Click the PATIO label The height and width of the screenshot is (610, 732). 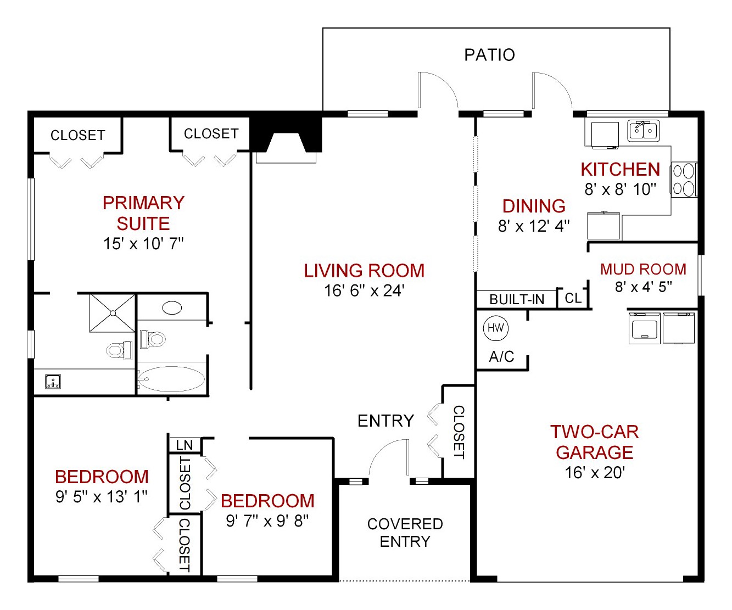[x=489, y=55]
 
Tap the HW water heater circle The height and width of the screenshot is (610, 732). [x=495, y=328]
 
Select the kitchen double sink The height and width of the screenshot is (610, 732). [x=643, y=131]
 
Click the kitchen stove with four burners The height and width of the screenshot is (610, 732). [x=684, y=180]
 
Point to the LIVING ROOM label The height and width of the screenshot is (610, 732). [x=364, y=271]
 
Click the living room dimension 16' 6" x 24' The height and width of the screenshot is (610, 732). [x=364, y=290]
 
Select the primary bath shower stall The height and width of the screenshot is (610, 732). [x=113, y=313]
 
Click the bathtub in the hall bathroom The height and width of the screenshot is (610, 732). [x=171, y=379]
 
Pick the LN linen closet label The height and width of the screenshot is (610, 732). [x=185, y=445]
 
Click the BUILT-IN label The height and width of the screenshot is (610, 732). [x=516, y=299]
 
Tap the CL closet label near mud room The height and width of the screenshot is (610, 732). [x=573, y=298]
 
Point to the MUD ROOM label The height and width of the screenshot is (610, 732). [x=643, y=269]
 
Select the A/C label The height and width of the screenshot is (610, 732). [x=501, y=357]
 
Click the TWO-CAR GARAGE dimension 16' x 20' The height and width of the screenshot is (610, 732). [x=595, y=473]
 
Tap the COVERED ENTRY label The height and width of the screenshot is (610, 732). [x=405, y=533]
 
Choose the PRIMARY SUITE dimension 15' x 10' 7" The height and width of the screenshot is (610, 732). [x=143, y=244]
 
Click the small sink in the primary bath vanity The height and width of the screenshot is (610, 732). [x=53, y=381]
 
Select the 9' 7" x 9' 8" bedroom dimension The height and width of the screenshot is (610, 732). [x=267, y=521]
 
